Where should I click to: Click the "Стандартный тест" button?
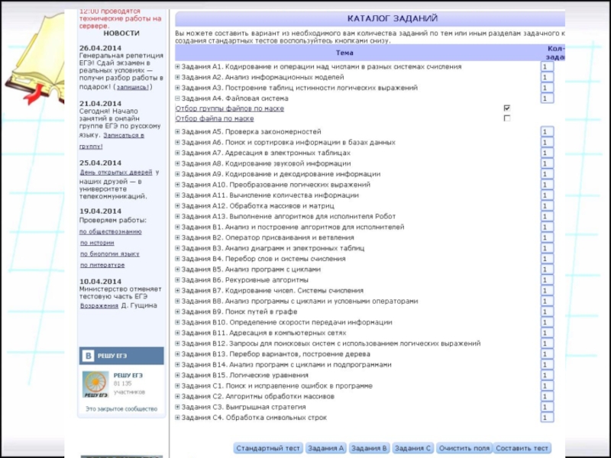[x=268, y=448]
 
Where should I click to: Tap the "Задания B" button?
[x=370, y=448]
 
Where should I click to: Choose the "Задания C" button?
[x=413, y=448]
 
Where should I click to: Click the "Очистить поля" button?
[x=464, y=448]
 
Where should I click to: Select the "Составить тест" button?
[x=522, y=448]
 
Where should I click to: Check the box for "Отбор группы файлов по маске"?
[x=507, y=108]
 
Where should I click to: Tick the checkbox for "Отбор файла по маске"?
[x=507, y=118]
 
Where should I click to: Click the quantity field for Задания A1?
[x=545, y=66]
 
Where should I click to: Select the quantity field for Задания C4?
[x=545, y=418]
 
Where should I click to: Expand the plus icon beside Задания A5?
[x=177, y=132]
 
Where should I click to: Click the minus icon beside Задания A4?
[x=177, y=98]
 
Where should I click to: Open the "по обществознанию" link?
[x=111, y=231]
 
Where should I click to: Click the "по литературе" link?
[x=102, y=265]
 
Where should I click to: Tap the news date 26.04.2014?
[x=100, y=47]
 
